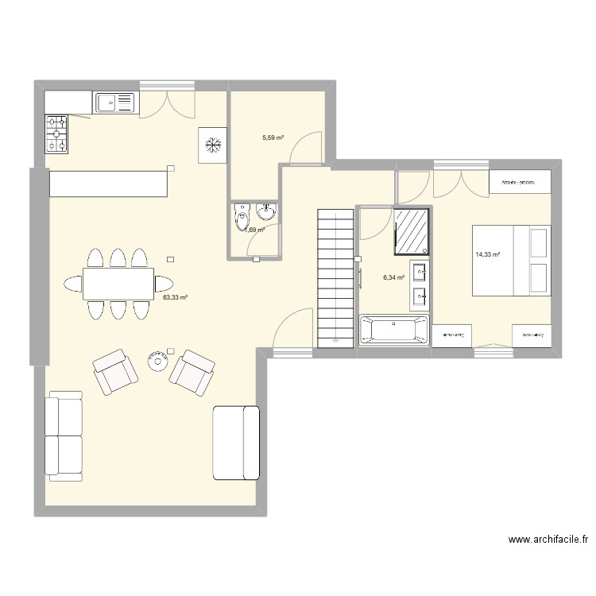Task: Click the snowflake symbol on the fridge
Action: tap(212, 145)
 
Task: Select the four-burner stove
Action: tap(57, 134)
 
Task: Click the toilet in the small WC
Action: tap(242, 216)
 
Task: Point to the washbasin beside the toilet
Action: tap(266, 211)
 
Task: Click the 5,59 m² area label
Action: tap(273, 137)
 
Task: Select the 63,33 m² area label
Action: tap(175, 298)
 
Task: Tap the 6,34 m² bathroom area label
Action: tap(394, 278)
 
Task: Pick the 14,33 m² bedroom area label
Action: tap(487, 255)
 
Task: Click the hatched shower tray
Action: tap(413, 230)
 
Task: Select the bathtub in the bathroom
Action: tap(394, 331)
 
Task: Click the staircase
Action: tap(335, 277)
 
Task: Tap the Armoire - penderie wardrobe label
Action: tap(520, 182)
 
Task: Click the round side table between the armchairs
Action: tap(157, 361)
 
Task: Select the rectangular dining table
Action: tap(118, 283)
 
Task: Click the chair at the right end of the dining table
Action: tap(165, 283)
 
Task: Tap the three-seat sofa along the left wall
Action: tap(64, 436)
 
